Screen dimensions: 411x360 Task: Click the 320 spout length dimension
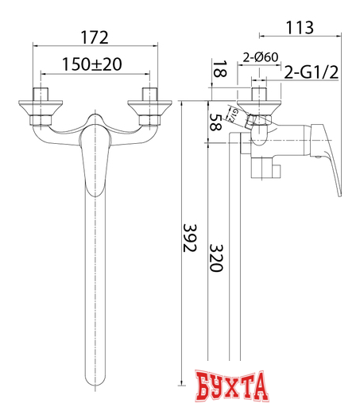pyautogui.click(x=215, y=256)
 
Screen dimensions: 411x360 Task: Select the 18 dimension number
pyautogui.click(x=217, y=71)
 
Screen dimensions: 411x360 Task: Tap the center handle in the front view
pyautogui.click(x=94, y=159)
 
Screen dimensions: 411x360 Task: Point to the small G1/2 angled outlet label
pyautogui.click(x=236, y=113)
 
